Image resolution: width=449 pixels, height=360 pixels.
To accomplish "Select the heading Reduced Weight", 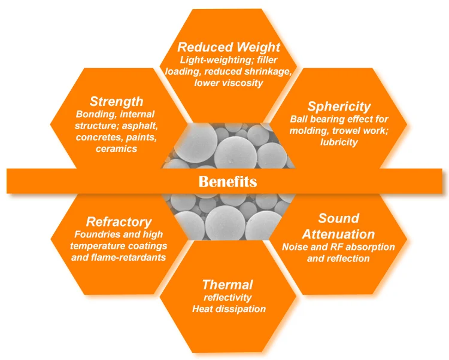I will pos(229,47).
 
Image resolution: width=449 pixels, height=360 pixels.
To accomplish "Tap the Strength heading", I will pos(116,101).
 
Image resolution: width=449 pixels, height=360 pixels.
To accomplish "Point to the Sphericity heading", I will pos(339,106).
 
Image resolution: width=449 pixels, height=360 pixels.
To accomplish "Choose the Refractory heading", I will pos(119,222).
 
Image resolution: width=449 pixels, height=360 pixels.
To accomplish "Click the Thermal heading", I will pos(227,284).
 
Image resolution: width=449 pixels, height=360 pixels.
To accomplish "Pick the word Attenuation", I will pos(338,234).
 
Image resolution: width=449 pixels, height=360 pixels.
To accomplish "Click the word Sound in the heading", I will pos(338,218).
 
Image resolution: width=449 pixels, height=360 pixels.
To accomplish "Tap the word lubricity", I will pos(339,142).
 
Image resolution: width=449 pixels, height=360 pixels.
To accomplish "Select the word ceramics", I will pos(116,149).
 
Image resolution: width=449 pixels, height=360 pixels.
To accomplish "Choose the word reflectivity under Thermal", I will pos(227,297).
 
